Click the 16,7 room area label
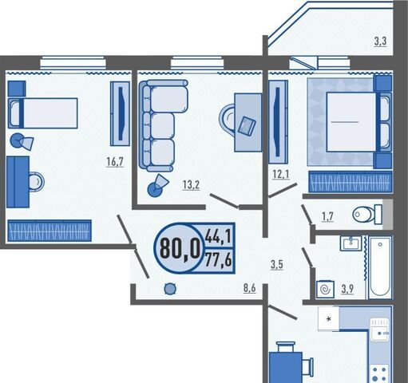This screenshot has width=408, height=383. pyautogui.click(x=115, y=161)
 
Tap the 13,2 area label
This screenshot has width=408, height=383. pyautogui.click(x=191, y=184)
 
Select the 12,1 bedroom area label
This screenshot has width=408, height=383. pyautogui.click(x=281, y=174)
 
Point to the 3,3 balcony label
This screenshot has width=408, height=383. pyautogui.click(x=380, y=41)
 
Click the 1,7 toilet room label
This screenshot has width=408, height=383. pyautogui.click(x=327, y=217)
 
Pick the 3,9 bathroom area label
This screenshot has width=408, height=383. pyautogui.click(x=347, y=289)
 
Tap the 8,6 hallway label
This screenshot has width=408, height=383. pyautogui.click(x=249, y=288)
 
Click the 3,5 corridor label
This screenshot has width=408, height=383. pyautogui.click(x=277, y=265)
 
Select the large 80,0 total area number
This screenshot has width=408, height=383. pyautogui.click(x=180, y=249)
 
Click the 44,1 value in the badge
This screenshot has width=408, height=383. pyautogui.click(x=218, y=236)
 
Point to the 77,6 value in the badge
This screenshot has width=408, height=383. pyautogui.click(x=218, y=261)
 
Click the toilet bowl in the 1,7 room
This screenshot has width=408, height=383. pyautogui.click(x=367, y=214)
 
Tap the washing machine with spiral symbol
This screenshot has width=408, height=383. pyautogui.click(x=325, y=289)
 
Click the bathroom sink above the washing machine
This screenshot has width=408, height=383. pyautogui.click(x=351, y=243)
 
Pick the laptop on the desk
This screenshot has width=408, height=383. pyautogui.click(x=247, y=125)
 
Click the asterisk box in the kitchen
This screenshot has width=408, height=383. pyautogui.click(x=329, y=319)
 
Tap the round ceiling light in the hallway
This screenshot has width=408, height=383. pyautogui.click(x=170, y=289)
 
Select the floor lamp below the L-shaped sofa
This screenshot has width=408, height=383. pyautogui.click(x=158, y=186)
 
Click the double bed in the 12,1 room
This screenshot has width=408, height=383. pyautogui.click(x=358, y=122)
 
